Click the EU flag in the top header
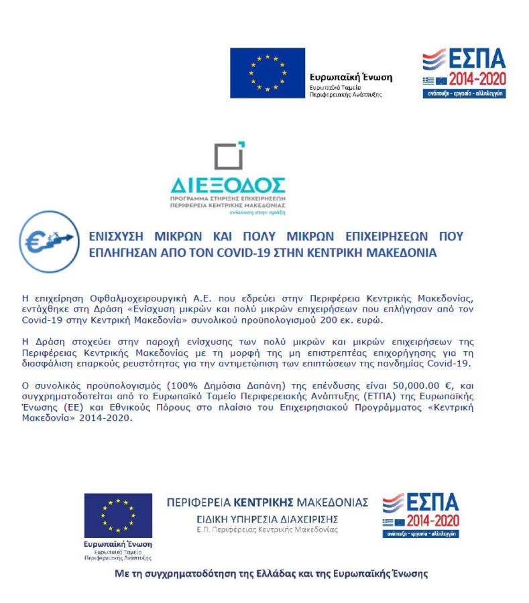pos(267,72)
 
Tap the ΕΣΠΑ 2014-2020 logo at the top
pos(463,74)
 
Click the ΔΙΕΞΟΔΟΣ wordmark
pos(228,185)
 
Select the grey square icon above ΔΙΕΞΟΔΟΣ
pos(229,156)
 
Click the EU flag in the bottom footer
pos(118,515)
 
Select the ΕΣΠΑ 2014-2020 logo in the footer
pos(420,515)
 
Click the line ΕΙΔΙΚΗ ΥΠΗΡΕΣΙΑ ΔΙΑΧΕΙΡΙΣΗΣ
pos(268,519)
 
